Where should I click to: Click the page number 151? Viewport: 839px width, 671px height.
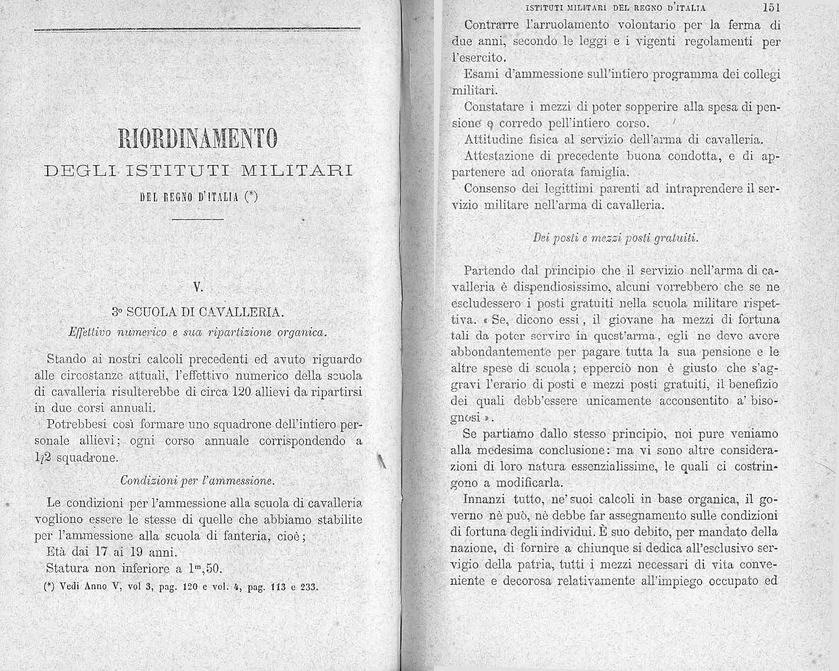coord(770,8)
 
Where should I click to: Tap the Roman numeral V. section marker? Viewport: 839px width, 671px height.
coord(199,289)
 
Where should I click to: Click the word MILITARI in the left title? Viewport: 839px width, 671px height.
coord(297,172)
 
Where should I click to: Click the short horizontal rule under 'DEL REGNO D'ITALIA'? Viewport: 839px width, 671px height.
coord(199,220)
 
